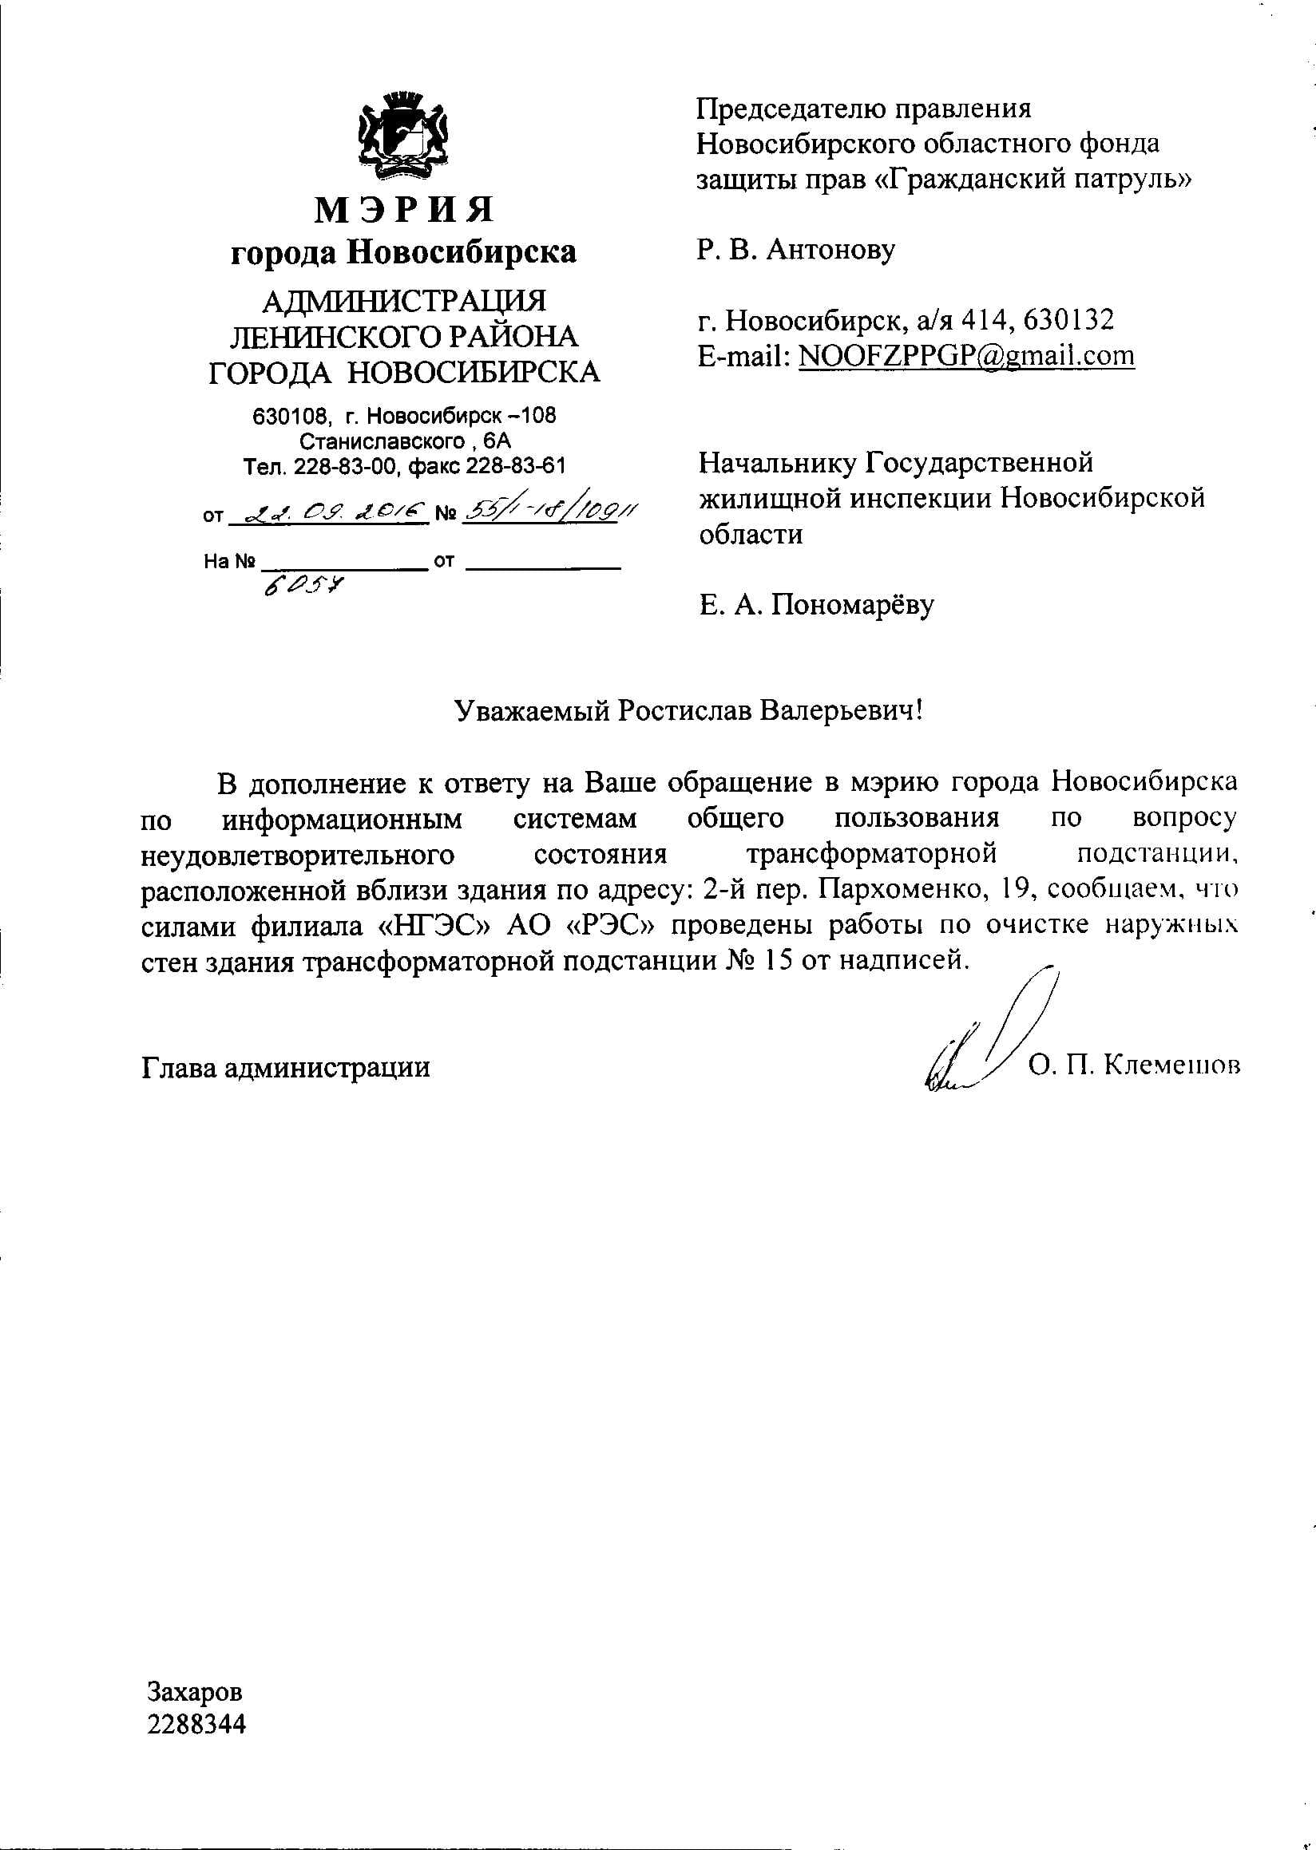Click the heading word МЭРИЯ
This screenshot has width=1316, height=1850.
click(403, 210)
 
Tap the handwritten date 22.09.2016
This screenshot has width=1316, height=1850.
click(327, 512)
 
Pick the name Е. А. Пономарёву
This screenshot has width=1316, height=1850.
click(817, 604)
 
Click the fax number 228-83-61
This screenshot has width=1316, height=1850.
click(515, 466)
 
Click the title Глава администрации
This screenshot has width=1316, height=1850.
click(285, 1068)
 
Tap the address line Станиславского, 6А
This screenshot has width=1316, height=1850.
click(405, 441)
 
